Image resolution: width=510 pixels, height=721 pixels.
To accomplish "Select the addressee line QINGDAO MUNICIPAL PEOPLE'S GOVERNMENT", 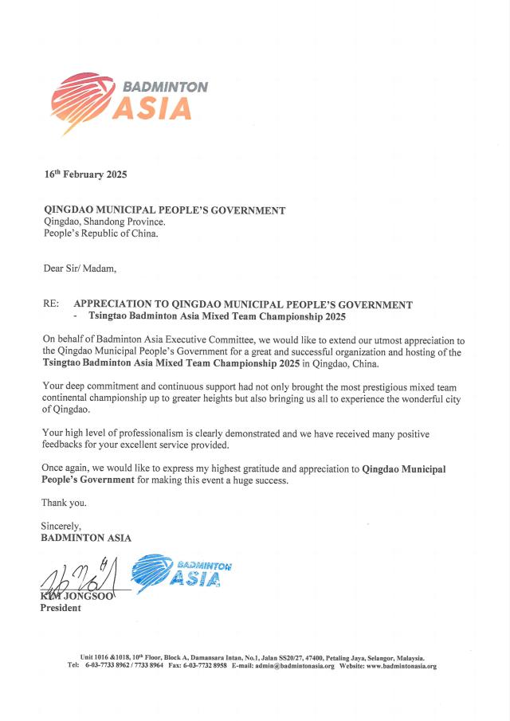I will coord(163,211).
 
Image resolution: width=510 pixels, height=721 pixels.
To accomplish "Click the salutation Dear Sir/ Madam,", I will coord(79,268).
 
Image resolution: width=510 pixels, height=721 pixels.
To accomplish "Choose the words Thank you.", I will coord(65,503).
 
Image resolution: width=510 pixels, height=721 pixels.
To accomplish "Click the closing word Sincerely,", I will coord(61,527).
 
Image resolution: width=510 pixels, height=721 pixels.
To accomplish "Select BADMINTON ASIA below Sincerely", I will coord(86,538).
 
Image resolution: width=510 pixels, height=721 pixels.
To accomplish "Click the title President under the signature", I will coord(61,608).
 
